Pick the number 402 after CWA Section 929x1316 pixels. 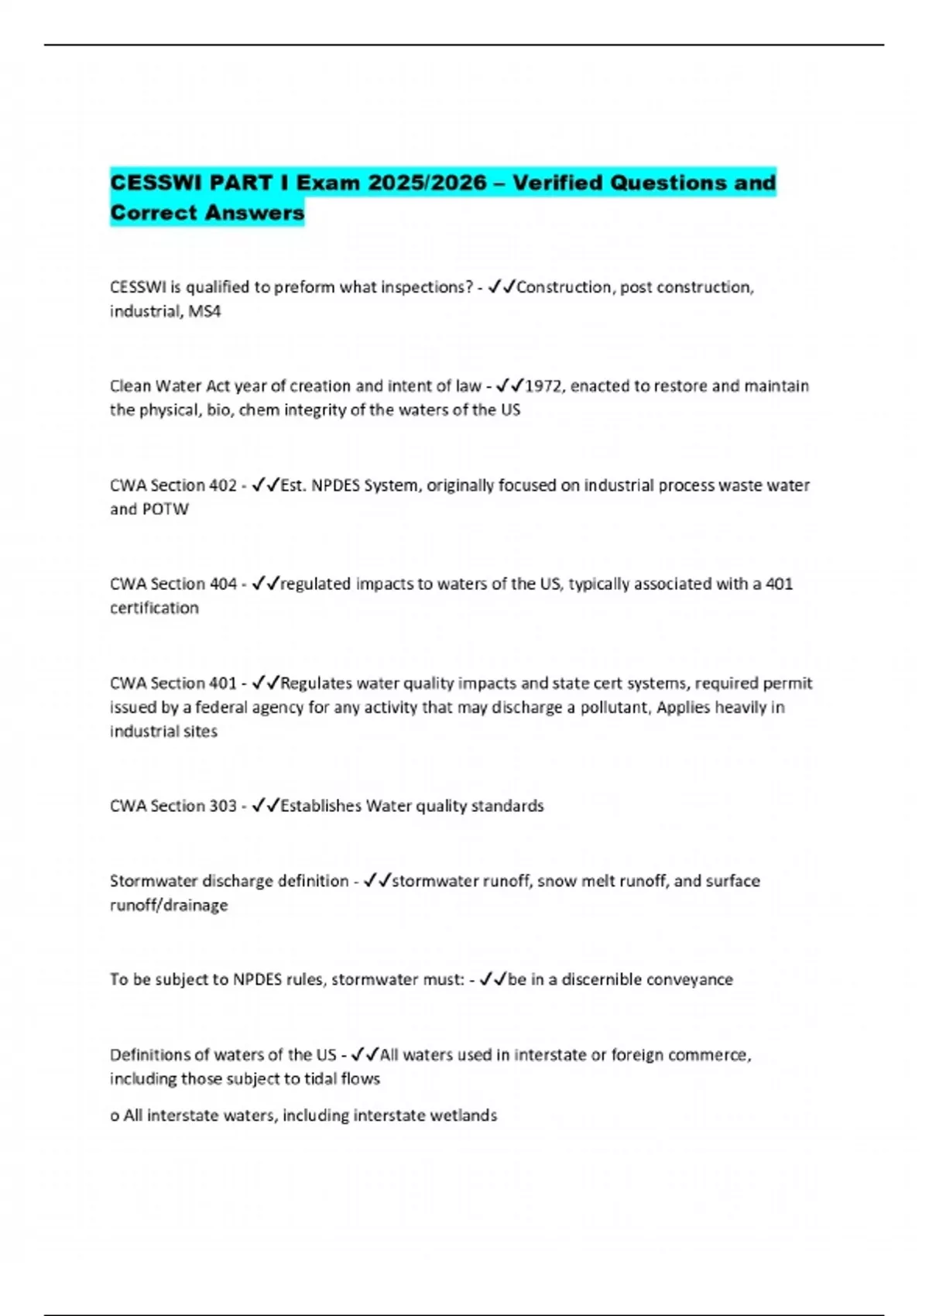[223, 485]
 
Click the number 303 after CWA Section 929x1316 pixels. [223, 806]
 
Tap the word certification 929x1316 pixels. [154, 608]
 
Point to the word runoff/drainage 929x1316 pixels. [169, 905]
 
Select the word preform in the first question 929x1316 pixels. [304, 287]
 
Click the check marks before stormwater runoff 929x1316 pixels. [377, 880]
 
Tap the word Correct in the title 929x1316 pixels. [153, 212]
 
